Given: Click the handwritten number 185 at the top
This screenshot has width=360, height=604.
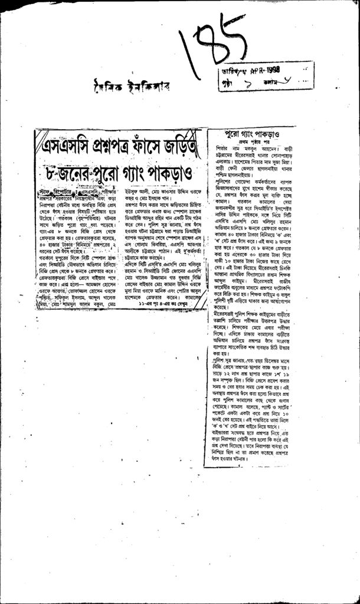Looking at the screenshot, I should [210, 47].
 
